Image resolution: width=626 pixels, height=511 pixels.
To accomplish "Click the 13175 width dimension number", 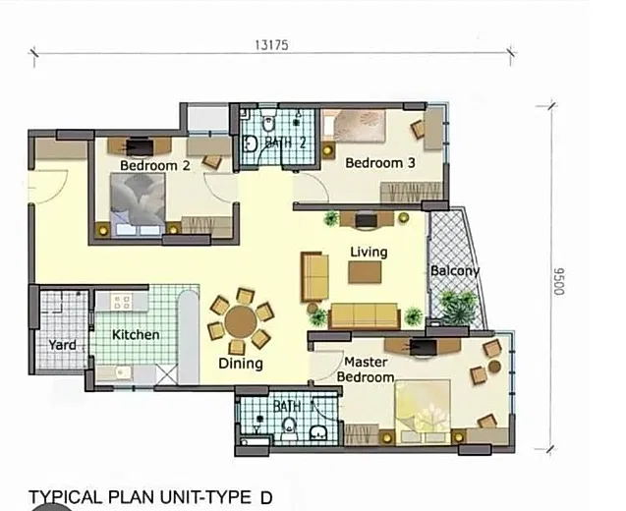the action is (271, 45).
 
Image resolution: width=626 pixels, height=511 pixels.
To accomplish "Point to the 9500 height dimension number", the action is (560, 282).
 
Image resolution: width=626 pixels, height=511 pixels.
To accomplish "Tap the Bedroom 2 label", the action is (155, 165).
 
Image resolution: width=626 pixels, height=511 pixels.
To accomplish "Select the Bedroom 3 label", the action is (380, 163).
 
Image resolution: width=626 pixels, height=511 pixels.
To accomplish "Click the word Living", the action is (369, 253).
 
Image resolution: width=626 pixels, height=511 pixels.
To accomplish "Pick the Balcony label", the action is (455, 271).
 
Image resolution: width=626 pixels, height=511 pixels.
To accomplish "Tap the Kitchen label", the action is (136, 334).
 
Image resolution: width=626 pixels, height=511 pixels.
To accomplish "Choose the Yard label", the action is (62, 345).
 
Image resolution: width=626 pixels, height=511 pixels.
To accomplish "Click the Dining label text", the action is (241, 364).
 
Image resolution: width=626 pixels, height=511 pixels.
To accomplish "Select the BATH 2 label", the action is (285, 142).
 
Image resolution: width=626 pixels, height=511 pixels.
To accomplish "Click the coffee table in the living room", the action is (365, 272).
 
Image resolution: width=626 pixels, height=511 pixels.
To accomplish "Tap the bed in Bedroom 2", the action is (138, 204).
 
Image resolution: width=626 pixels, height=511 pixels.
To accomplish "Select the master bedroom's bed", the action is (423, 412).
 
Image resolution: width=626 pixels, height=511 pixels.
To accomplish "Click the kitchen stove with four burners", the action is (122, 302).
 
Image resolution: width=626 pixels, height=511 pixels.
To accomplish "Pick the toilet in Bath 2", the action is (268, 122).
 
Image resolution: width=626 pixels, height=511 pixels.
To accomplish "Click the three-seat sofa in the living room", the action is (365, 315).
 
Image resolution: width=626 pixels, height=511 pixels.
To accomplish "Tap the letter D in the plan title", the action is (266, 498).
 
